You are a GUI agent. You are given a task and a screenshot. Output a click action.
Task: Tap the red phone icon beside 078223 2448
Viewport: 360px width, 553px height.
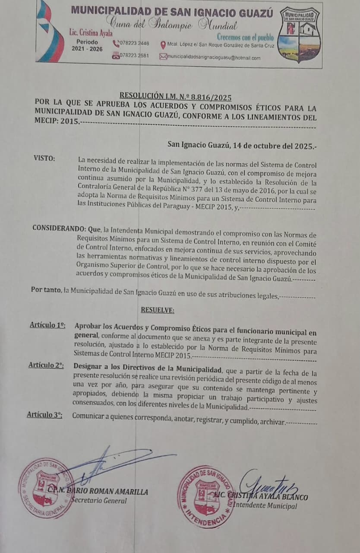click(x=115, y=44)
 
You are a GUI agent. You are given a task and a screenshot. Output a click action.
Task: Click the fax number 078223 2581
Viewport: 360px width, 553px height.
click(x=135, y=56)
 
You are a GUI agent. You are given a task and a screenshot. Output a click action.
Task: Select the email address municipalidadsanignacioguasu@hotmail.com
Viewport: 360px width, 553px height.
click(x=214, y=57)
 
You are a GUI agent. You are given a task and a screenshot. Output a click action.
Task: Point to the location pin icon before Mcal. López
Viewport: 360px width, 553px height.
click(x=163, y=44)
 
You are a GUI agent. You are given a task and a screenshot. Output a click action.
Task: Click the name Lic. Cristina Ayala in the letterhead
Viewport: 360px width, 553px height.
click(x=91, y=33)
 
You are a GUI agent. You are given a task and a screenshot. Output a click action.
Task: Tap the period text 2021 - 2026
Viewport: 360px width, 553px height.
click(x=87, y=49)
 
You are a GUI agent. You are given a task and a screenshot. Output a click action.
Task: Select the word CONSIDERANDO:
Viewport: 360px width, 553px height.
click(x=58, y=228)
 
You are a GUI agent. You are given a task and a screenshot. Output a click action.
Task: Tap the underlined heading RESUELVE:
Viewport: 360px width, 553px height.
click(x=157, y=310)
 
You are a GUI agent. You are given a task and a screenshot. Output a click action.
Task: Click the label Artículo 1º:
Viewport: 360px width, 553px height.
click(x=47, y=325)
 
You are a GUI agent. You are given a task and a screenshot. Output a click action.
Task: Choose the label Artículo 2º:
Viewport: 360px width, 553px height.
click(x=46, y=365)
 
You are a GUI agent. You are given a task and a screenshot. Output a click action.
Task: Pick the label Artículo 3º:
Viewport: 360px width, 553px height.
click(x=44, y=415)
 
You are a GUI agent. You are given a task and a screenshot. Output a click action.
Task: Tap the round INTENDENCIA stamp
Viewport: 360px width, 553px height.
click(x=205, y=496)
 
